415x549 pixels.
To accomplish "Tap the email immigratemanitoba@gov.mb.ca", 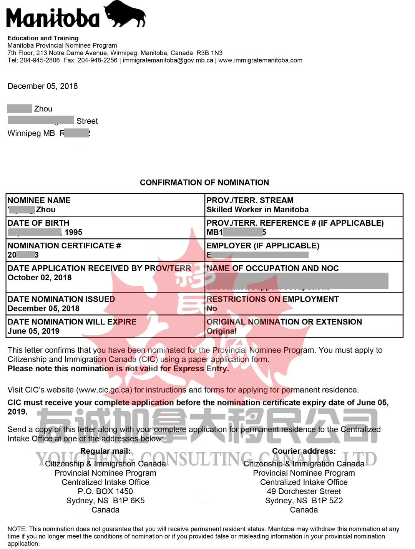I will point(168,60).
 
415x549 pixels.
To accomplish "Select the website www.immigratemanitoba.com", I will point(260,60).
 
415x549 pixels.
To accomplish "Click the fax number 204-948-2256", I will point(98,60).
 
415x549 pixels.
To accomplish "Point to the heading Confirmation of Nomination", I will point(204,182).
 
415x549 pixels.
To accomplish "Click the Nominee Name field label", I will point(39,200).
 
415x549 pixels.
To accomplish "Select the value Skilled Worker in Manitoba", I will point(257,210).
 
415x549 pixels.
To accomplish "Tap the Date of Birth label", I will point(38,223).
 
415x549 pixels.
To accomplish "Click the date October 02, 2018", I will point(40,278).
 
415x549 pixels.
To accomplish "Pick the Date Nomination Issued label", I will point(61,299).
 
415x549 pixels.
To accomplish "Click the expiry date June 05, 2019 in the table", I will point(33,331).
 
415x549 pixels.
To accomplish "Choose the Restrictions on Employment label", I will point(272,299).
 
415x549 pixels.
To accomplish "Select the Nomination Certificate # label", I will point(64,246).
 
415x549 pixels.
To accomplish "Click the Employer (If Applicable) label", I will point(263,246).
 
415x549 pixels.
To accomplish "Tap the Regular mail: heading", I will point(105,451).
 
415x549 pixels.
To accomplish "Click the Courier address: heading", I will point(304,451).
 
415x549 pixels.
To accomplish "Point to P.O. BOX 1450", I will point(105,491).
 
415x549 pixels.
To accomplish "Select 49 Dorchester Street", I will point(304,491).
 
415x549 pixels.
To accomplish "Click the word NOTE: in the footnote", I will point(17,529).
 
